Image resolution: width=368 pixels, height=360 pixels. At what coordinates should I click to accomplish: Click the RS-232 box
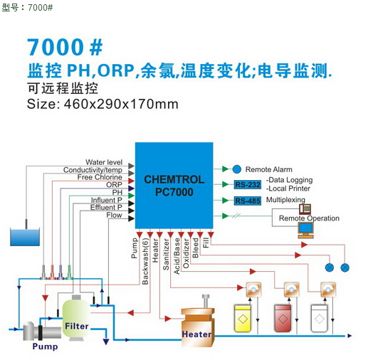248,184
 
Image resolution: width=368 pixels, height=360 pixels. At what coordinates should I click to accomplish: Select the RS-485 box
248,201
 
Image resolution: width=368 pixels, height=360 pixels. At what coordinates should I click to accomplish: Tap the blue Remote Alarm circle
236,169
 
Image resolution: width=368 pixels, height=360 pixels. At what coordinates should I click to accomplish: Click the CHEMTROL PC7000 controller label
174,186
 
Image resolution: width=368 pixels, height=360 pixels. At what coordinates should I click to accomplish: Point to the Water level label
104,162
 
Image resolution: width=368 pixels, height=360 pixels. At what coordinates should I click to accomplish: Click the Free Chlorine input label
100,177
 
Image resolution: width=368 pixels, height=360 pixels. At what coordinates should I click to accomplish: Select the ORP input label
114,185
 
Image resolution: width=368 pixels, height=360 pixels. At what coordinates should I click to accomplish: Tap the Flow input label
114,215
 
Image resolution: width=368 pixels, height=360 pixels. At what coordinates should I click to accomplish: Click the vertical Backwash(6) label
145,261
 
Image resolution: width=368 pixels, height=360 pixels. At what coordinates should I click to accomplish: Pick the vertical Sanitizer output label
166,254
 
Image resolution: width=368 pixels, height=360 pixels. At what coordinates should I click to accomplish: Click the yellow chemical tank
243,318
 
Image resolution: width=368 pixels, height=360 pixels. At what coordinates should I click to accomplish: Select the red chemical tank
283,318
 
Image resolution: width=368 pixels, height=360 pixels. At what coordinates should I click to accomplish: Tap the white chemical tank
319,318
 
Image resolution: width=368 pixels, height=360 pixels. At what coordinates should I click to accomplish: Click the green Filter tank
76,319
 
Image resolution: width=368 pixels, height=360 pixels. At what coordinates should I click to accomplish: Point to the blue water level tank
25,236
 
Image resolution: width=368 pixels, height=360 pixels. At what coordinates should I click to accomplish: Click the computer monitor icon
306,230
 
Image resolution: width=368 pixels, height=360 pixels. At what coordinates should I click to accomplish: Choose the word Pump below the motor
45,346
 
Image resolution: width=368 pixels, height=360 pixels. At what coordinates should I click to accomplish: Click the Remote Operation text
309,218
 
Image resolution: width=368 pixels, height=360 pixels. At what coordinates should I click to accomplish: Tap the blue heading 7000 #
65,47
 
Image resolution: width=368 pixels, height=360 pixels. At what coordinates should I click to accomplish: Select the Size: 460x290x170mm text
102,104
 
